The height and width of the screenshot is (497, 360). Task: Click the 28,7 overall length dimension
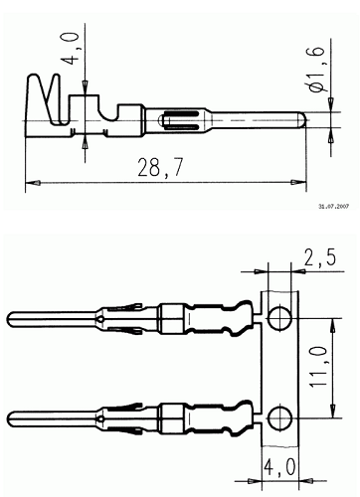pyautogui.click(x=160, y=167)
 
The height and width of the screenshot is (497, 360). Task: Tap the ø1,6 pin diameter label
pyautogui.click(x=315, y=69)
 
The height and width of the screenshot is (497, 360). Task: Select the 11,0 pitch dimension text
pyautogui.click(x=319, y=367)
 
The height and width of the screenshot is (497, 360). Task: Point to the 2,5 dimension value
pyautogui.click(x=320, y=257)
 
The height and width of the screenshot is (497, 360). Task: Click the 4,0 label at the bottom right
pyautogui.click(x=279, y=467)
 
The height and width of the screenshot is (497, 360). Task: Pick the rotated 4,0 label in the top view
pyautogui.click(x=70, y=49)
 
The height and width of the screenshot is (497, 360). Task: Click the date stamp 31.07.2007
pyautogui.click(x=334, y=207)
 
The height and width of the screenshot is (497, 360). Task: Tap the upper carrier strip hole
pyautogui.click(x=280, y=318)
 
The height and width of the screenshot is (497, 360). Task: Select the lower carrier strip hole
pyautogui.click(x=280, y=418)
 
